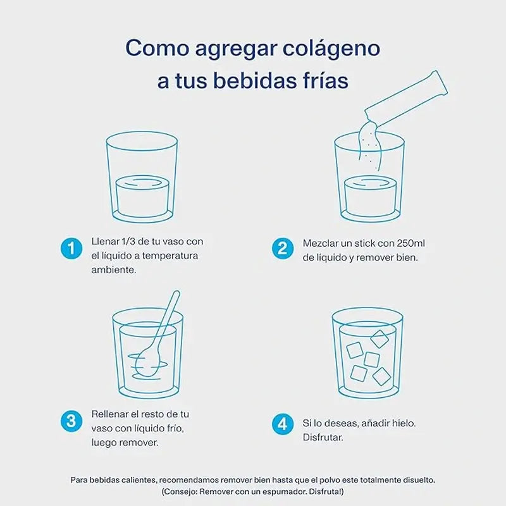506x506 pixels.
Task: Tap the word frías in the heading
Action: [x=318, y=82]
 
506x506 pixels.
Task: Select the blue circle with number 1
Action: [x=71, y=248]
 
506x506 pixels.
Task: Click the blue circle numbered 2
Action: [x=282, y=248]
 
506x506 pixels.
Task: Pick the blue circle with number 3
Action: [x=71, y=420]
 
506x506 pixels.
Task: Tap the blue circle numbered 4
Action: [x=282, y=421]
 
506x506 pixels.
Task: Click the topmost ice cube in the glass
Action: [x=379, y=338]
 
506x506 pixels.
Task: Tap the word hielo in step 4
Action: [x=404, y=423]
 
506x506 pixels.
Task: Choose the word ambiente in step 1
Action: [x=114, y=269]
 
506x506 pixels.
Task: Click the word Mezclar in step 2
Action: [x=322, y=244]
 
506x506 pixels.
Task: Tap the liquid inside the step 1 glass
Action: [x=142, y=196]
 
